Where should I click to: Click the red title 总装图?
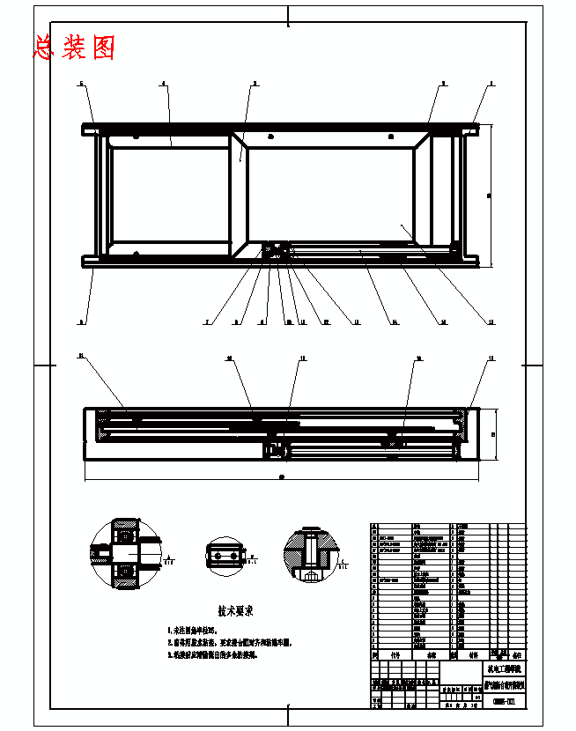point(74,48)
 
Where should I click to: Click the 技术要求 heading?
point(235,609)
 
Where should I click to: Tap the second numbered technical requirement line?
point(228,643)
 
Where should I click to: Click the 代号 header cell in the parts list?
point(395,655)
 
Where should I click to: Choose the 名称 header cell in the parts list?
point(432,655)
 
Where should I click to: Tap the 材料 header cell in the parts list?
point(473,655)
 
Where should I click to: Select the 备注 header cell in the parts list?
point(516,655)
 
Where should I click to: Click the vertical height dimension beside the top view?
point(490,195)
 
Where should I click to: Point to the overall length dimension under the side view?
point(281,478)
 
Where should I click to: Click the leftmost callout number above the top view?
point(82,83)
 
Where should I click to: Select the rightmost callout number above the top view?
point(491,83)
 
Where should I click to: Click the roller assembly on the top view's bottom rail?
point(280,250)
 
